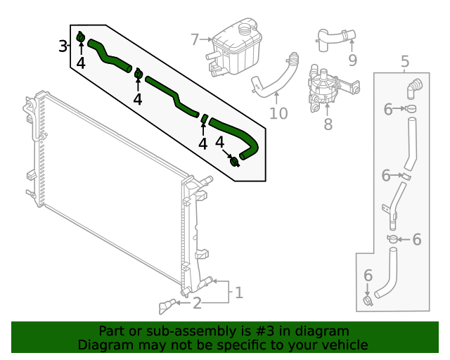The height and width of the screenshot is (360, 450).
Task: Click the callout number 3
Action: pyautogui.click(x=63, y=46)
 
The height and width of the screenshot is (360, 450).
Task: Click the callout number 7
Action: pyautogui.click(x=195, y=39)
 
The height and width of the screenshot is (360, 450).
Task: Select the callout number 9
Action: pyautogui.click(x=352, y=60)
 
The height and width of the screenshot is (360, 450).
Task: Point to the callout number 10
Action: pyautogui.click(x=278, y=113)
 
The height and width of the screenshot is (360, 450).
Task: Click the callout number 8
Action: pyautogui.click(x=328, y=124)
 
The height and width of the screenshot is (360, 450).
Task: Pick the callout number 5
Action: pyautogui.click(x=405, y=61)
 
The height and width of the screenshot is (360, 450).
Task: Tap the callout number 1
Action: pyautogui.click(x=239, y=292)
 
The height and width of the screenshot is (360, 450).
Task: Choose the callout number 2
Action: pyautogui.click(x=197, y=303)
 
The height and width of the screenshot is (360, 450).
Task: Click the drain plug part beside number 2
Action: pyautogui.click(x=167, y=307)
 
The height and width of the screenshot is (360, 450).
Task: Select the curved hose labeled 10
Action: pyautogui.click(x=275, y=75)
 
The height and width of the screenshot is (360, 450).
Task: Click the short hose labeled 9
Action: pyautogui.click(x=335, y=39)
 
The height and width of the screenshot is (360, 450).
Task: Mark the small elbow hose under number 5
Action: pyautogui.click(x=414, y=89)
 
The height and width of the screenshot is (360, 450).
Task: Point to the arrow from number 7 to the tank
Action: pyautogui.click(x=206, y=39)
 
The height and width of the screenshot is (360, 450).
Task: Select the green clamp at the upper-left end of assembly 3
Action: pyautogui.click(x=81, y=37)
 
